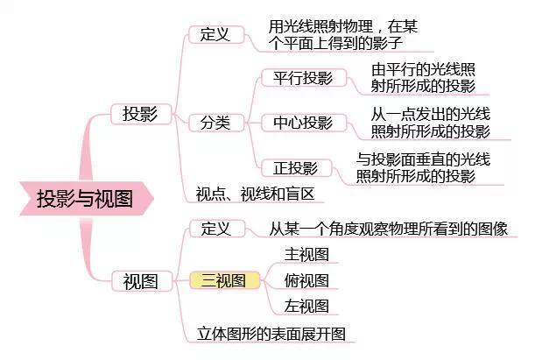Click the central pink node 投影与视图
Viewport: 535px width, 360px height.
(86, 199)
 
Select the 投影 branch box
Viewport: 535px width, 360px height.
(141, 114)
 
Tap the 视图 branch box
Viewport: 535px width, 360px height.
(142, 281)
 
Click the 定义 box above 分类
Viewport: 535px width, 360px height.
(216, 34)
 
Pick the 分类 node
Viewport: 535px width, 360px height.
(216, 123)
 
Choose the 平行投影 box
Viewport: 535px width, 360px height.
(304, 78)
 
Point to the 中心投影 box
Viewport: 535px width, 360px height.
(304, 123)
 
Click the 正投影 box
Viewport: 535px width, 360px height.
(296, 168)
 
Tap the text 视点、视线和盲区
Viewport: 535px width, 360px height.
(255, 194)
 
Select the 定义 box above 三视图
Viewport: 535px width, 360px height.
(217, 229)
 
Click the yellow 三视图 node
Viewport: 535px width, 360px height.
(224, 280)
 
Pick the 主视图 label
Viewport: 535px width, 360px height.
(306, 255)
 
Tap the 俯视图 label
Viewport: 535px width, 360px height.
(306, 280)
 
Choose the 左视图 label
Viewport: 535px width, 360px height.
(306, 306)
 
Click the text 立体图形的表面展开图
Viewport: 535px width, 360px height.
(271, 334)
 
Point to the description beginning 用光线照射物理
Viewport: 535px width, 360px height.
(342, 35)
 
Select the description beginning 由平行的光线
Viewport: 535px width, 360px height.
(423, 78)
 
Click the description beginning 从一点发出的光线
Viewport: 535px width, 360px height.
(431, 123)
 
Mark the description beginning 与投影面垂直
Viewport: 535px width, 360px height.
(423, 168)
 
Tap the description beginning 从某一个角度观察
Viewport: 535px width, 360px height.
(388, 229)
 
